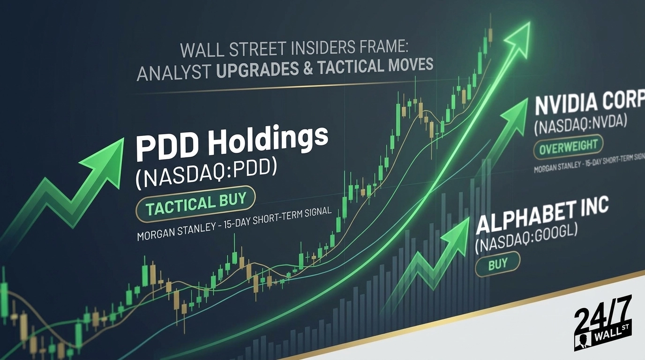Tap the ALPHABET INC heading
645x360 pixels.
click(542, 215)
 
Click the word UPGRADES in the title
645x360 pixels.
click(257, 69)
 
